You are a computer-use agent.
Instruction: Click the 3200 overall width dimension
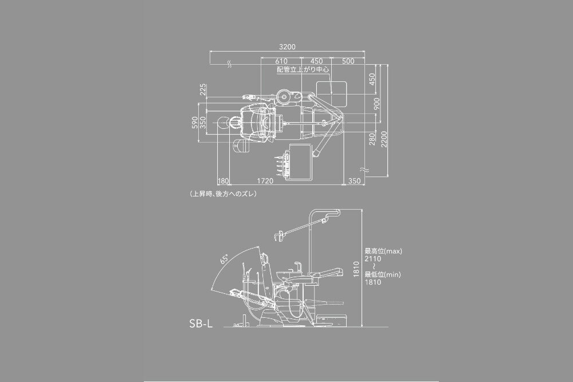pyautogui.click(x=287, y=47)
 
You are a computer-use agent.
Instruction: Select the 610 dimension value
pyautogui.click(x=281, y=61)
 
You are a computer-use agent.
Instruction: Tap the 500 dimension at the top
pyautogui.click(x=348, y=61)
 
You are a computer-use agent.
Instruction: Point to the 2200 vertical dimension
pyautogui.click(x=384, y=139)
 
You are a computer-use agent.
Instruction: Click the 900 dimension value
pyautogui.click(x=376, y=103)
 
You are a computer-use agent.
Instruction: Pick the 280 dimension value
pyautogui.click(x=372, y=139)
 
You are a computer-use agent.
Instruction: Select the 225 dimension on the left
pyautogui.click(x=203, y=89)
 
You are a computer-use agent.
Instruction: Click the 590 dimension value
pyautogui.click(x=195, y=123)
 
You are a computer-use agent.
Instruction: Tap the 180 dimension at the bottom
pyautogui.click(x=223, y=181)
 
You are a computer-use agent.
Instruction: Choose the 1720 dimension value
pyautogui.click(x=265, y=181)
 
